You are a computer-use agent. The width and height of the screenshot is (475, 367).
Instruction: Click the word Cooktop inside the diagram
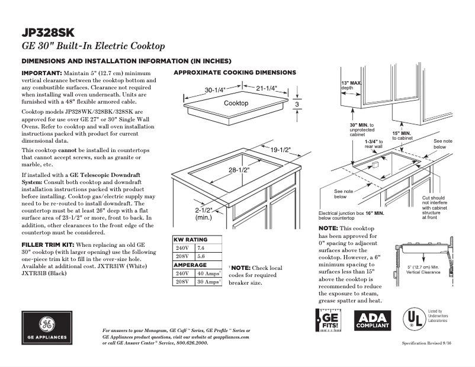pyautogui.click(x=236, y=103)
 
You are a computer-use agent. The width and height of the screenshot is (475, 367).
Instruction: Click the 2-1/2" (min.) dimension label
pyautogui.click(x=204, y=214)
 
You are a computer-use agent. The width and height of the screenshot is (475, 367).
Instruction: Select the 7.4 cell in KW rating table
pyautogui.click(x=201, y=247)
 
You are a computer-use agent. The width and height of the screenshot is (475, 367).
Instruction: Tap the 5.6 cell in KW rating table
pyautogui.click(x=201, y=257)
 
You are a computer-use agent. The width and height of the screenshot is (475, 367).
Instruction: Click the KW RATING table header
pyautogui.click(x=190, y=239)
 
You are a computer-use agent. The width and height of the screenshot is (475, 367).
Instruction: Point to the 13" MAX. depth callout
pyautogui.click(x=351, y=85)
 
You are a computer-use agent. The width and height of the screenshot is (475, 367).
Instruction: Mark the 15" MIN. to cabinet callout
pyautogui.click(x=402, y=136)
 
